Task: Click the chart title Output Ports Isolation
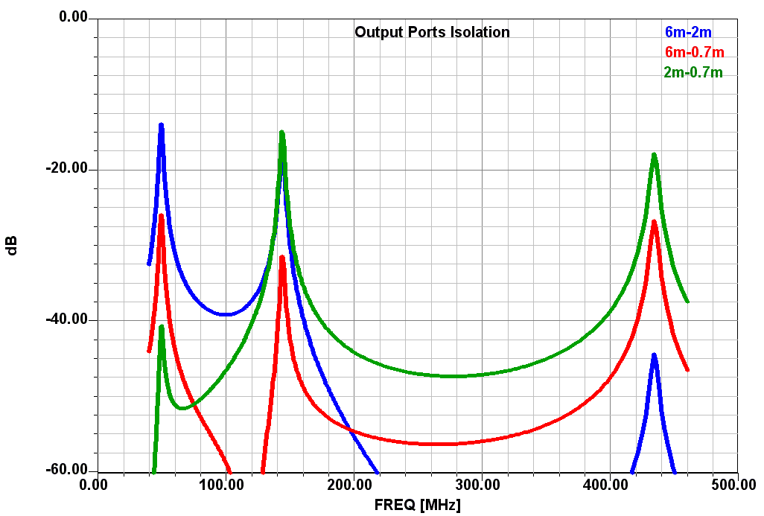pyautogui.click(x=432, y=32)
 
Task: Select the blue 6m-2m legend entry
pyautogui.click(x=688, y=32)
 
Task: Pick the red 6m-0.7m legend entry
pyautogui.click(x=694, y=52)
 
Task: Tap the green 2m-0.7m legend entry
pyautogui.click(x=693, y=72)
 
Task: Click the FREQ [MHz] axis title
pyautogui.click(x=417, y=506)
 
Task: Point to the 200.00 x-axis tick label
pyautogui.click(x=353, y=485)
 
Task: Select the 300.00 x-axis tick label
pyautogui.click(x=481, y=485)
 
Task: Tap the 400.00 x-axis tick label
pyautogui.click(x=610, y=485)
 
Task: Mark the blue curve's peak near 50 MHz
pyautogui.click(x=161, y=125)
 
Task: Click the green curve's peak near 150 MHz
pyautogui.click(x=282, y=133)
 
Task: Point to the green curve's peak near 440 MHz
pyautogui.click(x=654, y=155)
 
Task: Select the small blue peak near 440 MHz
pyautogui.click(x=654, y=355)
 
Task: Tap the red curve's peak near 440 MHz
pyautogui.click(x=655, y=222)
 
